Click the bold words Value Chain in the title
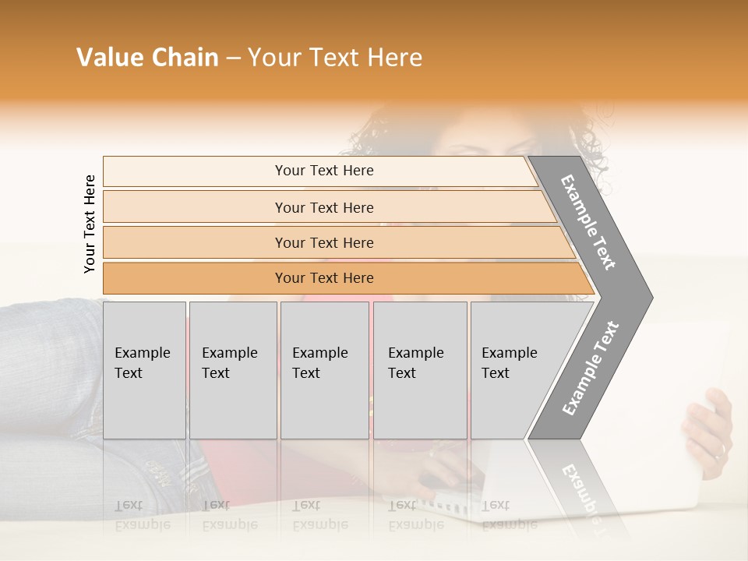[x=147, y=58]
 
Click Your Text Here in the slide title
[x=335, y=58]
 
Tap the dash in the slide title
[x=233, y=58]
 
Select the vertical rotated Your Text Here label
[x=90, y=224]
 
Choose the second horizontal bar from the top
[x=323, y=207]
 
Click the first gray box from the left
[x=144, y=370]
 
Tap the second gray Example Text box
[x=232, y=370]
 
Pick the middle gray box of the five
[x=324, y=370]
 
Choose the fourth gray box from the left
[x=419, y=370]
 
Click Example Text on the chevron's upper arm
[x=588, y=221]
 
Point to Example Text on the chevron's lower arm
[x=591, y=368]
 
